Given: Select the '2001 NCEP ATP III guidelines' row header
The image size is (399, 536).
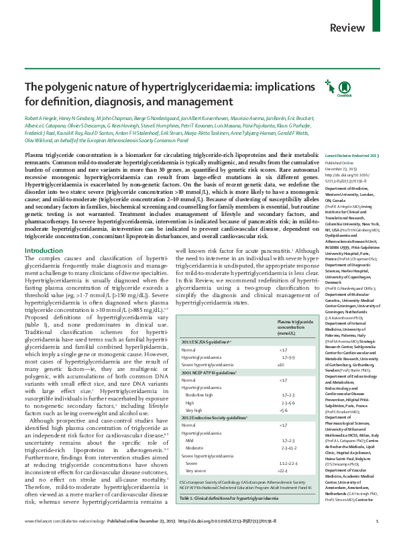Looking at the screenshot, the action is coord(209,370).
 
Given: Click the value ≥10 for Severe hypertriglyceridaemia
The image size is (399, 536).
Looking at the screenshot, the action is coord(282,364).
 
